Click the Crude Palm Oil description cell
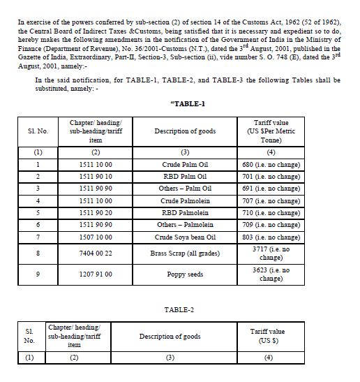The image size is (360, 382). (186, 165)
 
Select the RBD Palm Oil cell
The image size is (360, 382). (186, 177)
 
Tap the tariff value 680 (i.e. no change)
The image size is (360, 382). (270, 165)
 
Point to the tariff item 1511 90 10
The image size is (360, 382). (96, 177)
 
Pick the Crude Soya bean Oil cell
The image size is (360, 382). (186, 237)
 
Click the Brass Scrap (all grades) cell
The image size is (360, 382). (186, 253)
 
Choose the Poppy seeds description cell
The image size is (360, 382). (186, 274)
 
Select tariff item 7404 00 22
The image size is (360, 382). (96, 253)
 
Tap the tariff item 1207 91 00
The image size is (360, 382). (96, 274)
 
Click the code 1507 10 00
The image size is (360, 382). (96, 237)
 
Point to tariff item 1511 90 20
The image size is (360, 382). (96, 213)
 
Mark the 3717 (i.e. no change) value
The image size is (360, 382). (270, 253)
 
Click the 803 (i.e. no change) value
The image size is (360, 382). (270, 237)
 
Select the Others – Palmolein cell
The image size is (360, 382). (186, 225)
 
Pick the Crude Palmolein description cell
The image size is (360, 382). (186, 201)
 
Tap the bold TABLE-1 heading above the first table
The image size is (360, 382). (188, 104)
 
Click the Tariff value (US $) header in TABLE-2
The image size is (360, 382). (268, 336)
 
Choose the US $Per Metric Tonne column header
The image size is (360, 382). (270, 131)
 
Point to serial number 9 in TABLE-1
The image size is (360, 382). (38, 274)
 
